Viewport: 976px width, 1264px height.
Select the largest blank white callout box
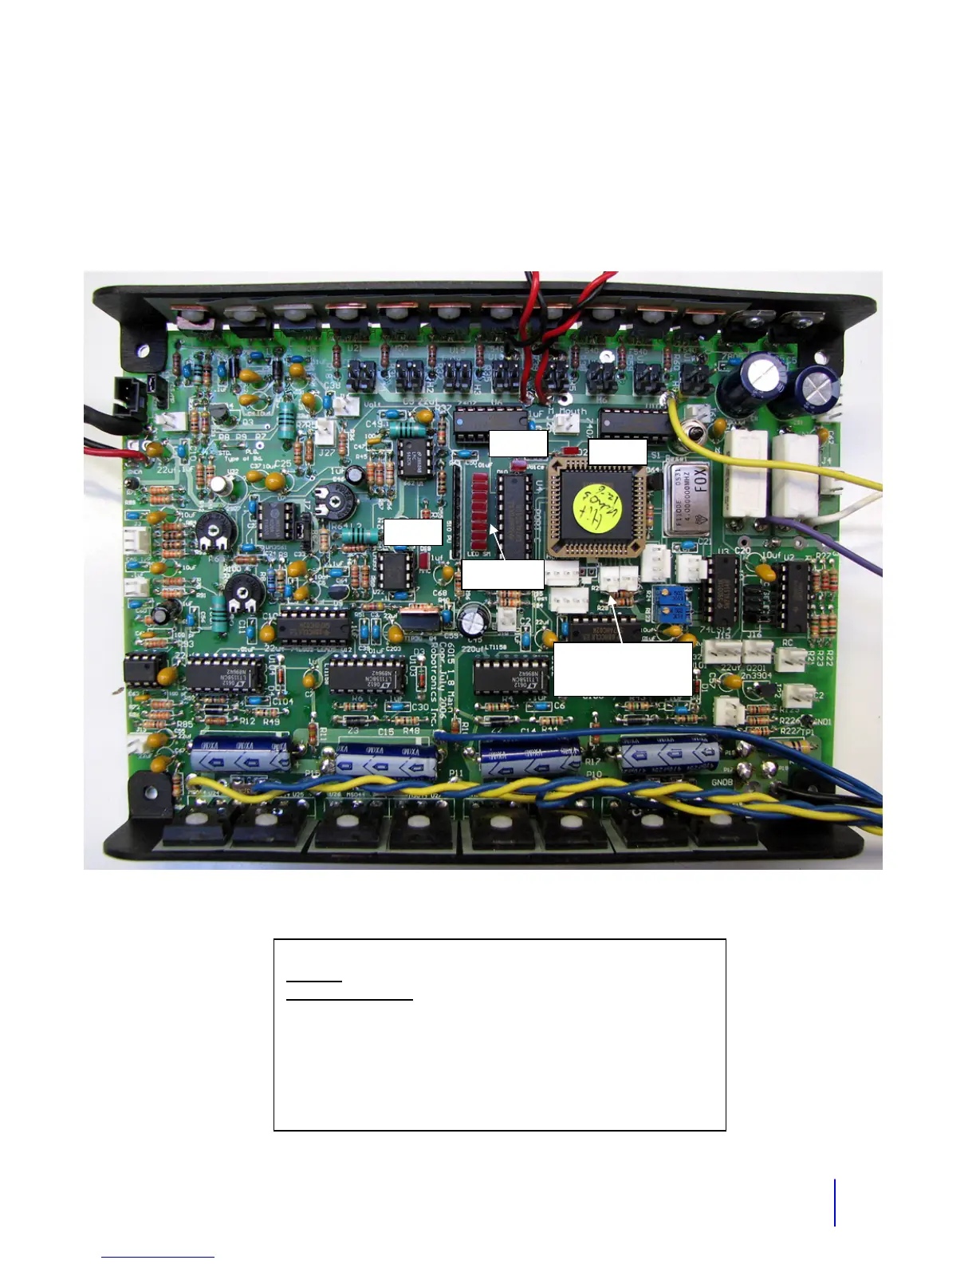(622, 670)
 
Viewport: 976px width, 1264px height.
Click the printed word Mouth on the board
(573, 412)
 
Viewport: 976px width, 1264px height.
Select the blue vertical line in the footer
(835, 1202)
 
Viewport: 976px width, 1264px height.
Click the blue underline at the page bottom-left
(158, 1257)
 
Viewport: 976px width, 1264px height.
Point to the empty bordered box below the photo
(499, 1034)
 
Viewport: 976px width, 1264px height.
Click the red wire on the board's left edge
(112, 453)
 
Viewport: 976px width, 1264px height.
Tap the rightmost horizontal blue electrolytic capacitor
(671, 754)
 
